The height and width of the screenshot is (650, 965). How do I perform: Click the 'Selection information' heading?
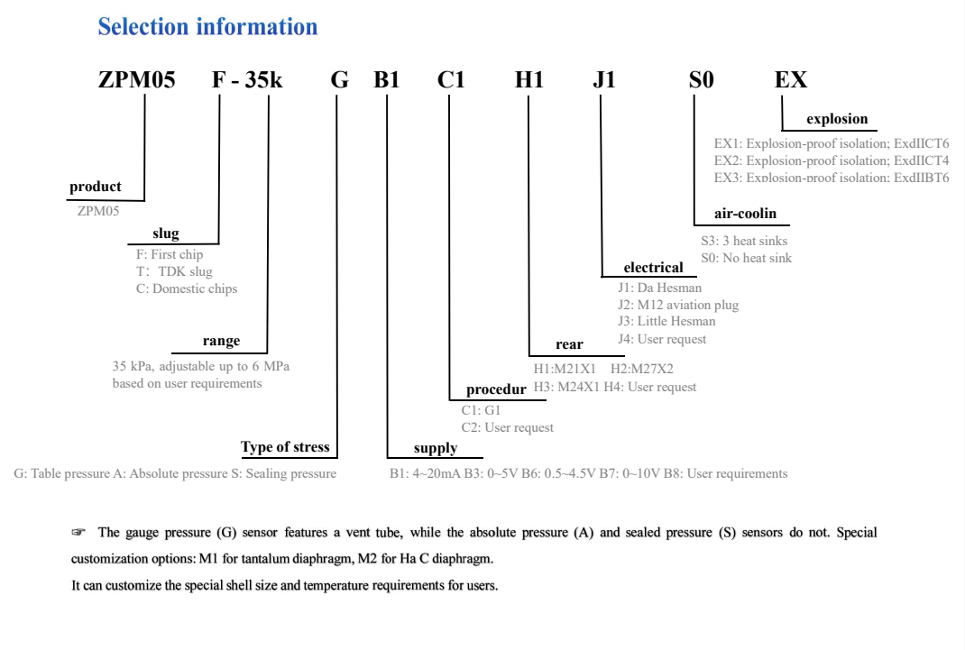coord(207,27)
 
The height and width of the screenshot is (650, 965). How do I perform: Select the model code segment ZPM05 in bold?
coord(136,80)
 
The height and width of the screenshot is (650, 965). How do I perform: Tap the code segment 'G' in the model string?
coord(339,80)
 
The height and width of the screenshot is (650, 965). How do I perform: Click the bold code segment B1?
coord(387,80)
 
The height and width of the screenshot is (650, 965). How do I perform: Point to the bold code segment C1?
coord(451,80)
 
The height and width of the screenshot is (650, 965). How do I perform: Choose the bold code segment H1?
coord(529,80)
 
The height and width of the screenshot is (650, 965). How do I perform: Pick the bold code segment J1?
coord(603,80)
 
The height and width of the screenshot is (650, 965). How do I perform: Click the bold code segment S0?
coord(701,80)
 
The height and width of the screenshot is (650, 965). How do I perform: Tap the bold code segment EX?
coord(791,80)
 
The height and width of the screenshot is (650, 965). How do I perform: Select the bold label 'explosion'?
coord(837,119)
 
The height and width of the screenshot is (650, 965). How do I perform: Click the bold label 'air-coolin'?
coord(745,215)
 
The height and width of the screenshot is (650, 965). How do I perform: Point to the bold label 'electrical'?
coord(653,268)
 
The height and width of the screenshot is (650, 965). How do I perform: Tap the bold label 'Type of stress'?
coord(285,447)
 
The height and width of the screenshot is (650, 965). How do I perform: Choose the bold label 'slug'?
coord(165,234)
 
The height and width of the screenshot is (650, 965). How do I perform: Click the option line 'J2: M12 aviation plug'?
coord(678,305)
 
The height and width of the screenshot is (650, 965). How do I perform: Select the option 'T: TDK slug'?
coord(174,271)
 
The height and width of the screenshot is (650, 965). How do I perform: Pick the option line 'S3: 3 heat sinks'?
coord(744,241)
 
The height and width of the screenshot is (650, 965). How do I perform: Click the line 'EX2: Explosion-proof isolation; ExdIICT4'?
coord(831,160)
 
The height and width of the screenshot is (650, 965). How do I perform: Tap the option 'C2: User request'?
coord(507,427)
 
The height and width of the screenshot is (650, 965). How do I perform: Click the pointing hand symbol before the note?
coord(78,533)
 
